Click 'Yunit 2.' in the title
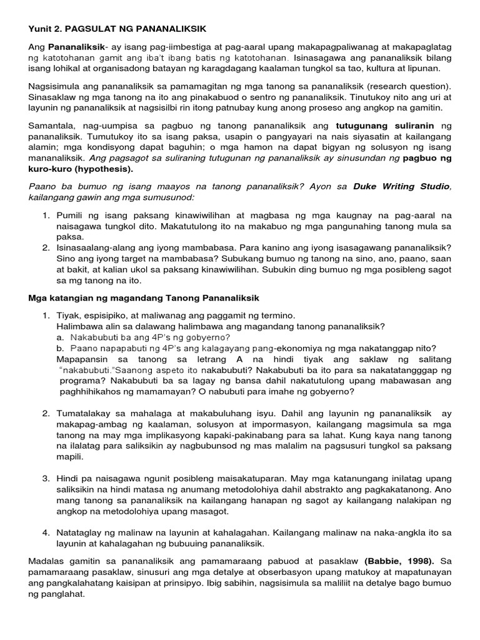point(44,29)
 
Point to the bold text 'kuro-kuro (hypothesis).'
point(81,169)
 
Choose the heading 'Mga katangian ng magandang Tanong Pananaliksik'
point(144,297)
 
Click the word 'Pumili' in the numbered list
point(69,215)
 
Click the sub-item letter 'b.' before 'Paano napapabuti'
point(60,348)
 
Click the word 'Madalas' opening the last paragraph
point(46,561)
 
